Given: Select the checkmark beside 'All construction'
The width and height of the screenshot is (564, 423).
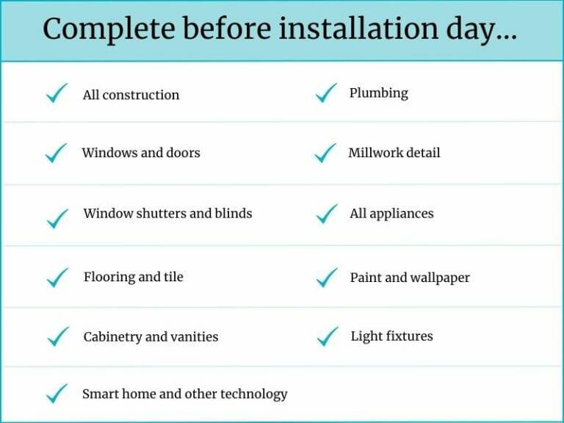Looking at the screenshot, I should point(57,94).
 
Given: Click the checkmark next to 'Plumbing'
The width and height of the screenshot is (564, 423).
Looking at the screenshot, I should point(325,93).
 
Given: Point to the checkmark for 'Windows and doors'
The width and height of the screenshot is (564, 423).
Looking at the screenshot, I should point(57,153).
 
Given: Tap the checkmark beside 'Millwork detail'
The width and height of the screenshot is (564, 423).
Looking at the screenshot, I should point(325,153).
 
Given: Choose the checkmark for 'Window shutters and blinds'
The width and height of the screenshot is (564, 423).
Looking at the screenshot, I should point(57,217).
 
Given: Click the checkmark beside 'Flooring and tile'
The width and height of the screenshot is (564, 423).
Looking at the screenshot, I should point(57,278).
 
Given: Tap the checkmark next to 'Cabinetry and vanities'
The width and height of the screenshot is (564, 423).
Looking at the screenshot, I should point(57,337).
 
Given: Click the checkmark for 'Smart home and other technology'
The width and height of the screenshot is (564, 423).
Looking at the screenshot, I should point(57,394).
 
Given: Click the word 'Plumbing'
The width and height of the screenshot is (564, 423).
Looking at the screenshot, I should point(378,93).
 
